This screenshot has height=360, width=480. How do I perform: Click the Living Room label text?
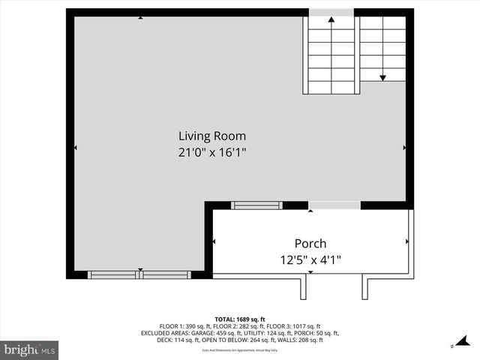click(211, 136)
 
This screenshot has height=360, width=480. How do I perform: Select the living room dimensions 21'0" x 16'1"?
click(211, 151)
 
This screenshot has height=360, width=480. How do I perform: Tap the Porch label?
click(310, 244)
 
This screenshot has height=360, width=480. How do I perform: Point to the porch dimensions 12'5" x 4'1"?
click(310, 260)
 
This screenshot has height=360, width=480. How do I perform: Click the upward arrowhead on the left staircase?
click(331, 21)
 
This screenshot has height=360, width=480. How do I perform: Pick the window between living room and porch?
click(256, 205)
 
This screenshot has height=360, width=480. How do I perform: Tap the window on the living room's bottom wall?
click(139, 274)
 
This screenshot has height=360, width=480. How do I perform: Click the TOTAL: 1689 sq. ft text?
click(240, 319)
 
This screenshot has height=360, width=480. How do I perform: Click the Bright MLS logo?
click(30, 349)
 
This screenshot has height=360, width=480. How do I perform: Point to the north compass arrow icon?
click(453, 346)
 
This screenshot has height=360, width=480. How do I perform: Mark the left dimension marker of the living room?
click(75, 148)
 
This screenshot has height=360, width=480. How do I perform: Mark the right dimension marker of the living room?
click(404, 148)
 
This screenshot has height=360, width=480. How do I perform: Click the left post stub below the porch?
click(307, 286)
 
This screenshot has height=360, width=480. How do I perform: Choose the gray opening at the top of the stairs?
click(331, 12)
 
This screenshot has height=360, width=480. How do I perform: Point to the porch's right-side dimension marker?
click(406, 241)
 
